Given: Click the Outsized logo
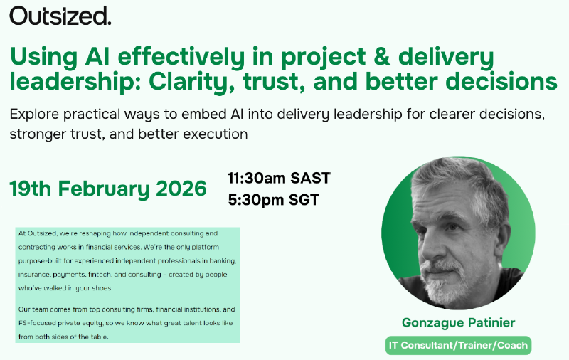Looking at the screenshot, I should pos(60,16).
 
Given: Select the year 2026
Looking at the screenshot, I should pos(184,189).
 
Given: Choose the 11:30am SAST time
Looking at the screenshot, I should pos(279,178).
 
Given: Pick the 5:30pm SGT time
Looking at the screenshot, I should pos(273,200).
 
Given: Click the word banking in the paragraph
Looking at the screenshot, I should pos(222,261).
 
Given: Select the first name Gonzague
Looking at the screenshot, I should pos(430,323).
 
